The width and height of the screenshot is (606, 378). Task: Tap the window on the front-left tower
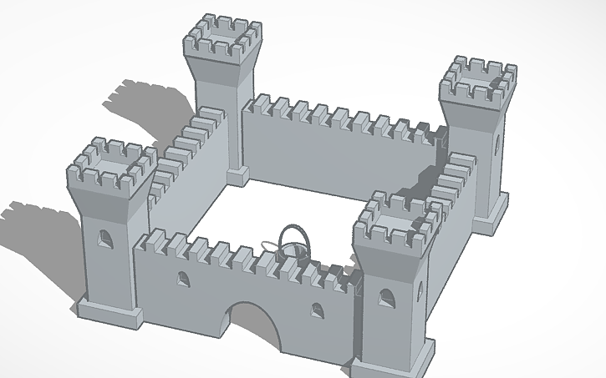click(104, 239)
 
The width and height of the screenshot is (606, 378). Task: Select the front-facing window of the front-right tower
click(385, 299)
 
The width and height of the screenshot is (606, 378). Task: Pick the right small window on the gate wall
click(318, 310)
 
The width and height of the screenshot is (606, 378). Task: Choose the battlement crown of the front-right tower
click(395, 220)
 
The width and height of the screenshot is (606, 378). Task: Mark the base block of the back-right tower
click(491, 214)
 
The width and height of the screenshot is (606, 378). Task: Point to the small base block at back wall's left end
click(237, 174)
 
